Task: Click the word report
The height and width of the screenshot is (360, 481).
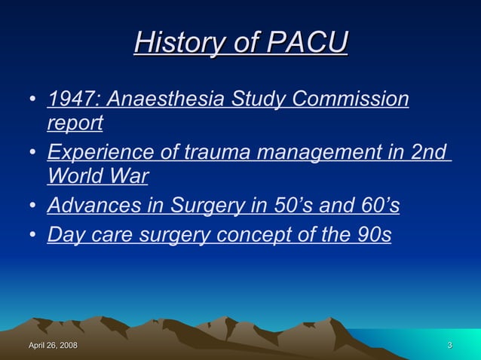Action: click(x=75, y=122)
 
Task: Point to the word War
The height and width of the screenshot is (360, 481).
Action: click(x=130, y=175)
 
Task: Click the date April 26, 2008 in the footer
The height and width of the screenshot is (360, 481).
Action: click(x=53, y=346)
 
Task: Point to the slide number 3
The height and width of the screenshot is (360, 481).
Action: click(x=449, y=346)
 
